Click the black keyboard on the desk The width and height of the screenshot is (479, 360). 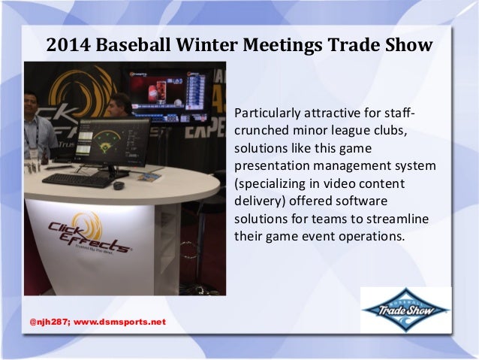(78, 180)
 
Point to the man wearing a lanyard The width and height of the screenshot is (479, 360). (35, 128)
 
